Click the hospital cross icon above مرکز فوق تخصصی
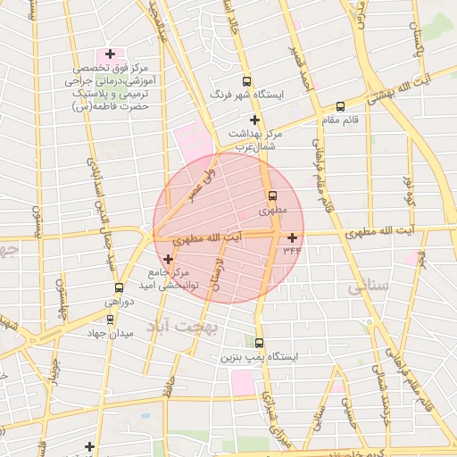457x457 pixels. pyautogui.click(x=110, y=54)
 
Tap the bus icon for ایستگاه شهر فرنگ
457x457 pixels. pyautogui.click(x=246, y=81)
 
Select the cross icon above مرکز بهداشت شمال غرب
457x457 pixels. pyautogui.click(x=255, y=120)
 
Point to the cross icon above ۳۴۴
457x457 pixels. pyautogui.click(x=292, y=237)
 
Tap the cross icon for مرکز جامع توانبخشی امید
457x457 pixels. pyautogui.click(x=168, y=259)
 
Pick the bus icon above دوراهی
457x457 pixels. pyautogui.click(x=119, y=288)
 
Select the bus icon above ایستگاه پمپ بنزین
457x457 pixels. pyautogui.click(x=260, y=343)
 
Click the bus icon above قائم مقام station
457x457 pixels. pyautogui.click(x=317, y=117)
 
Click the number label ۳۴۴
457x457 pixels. pyautogui.click(x=292, y=251)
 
